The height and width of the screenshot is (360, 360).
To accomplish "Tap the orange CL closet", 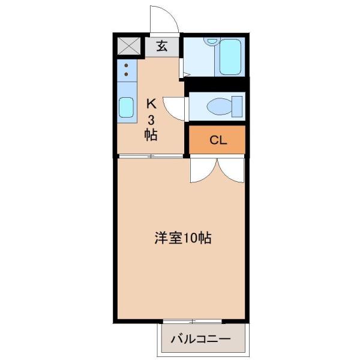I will (x=218, y=140).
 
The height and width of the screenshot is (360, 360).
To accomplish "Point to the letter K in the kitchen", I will (x=151, y=103).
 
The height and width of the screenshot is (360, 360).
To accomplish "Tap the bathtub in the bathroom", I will (x=229, y=58).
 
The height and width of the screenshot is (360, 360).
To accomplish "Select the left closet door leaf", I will (x=201, y=172).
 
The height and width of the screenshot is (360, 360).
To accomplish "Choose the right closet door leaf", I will (x=232, y=170).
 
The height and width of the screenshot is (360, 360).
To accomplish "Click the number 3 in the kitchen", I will (x=151, y=118).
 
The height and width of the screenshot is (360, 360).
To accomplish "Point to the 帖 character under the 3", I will (x=151, y=134).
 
